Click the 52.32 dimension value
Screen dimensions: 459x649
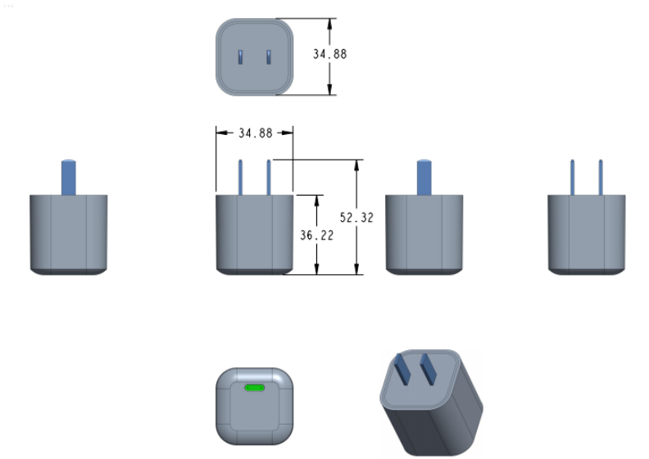pyautogui.click(x=356, y=218)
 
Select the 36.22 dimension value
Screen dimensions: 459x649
pyautogui.click(x=315, y=235)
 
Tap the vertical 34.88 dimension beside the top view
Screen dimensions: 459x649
pyautogui.click(x=330, y=54)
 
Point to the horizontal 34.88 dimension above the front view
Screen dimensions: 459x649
pyautogui.click(x=255, y=133)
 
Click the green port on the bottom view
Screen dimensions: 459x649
pyautogui.click(x=255, y=388)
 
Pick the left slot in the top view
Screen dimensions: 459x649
pyautogui.click(x=240, y=56)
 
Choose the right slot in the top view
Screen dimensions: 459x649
pyautogui.click(x=268, y=56)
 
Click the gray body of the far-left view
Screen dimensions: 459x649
pyautogui.click(x=69, y=233)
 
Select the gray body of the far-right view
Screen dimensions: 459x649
pyautogui.click(x=587, y=233)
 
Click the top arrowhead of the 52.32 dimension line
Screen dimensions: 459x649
pyautogui.click(x=356, y=164)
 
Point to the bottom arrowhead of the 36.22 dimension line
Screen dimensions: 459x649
pyautogui.click(x=316, y=269)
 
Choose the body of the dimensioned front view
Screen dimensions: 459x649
pyautogui.click(x=255, y=233)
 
